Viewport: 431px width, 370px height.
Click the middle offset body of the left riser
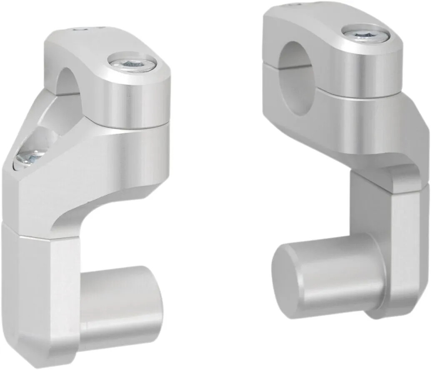click(104, 167)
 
